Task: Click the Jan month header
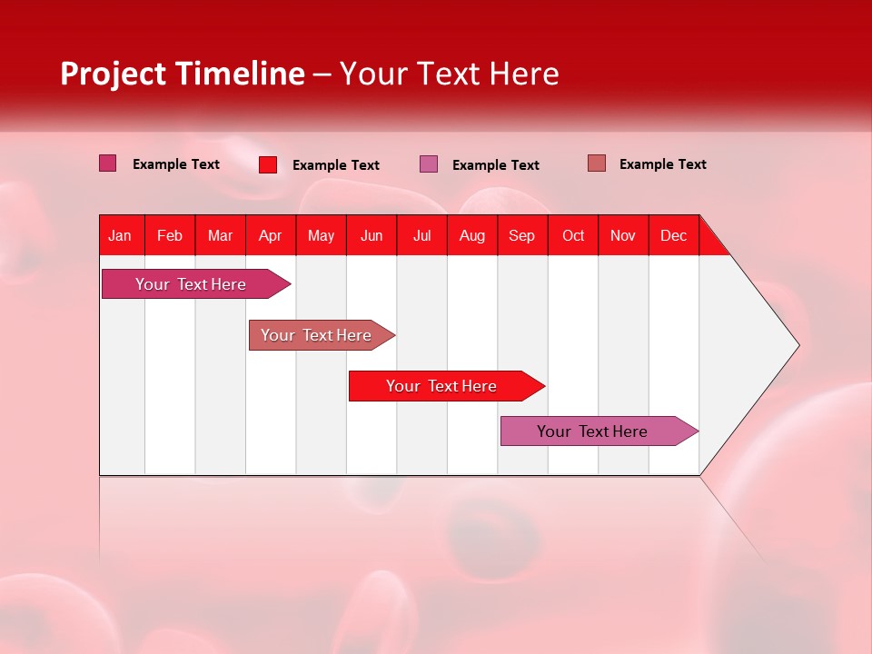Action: click(120, 235)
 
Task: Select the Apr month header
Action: click(270, 235)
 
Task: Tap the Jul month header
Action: click(421, 235)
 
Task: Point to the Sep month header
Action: click(521, 235)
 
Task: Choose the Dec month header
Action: click(673, 235)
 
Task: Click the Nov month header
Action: click(622, 235)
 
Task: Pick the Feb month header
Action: click(170, 235)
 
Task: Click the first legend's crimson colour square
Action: click(107, 163)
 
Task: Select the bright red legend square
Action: click(267, 164)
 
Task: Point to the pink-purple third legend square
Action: click(429, 164)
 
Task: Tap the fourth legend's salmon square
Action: click(596, 163)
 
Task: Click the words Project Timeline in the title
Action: click(182, 74)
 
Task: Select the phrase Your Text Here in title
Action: click(449, 74)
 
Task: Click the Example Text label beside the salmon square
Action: click(662, 164)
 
